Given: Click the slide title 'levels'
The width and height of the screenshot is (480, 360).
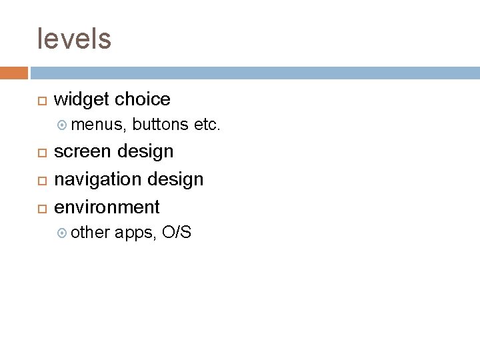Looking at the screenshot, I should (x=75, y=39).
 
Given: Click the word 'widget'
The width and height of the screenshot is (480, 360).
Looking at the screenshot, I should (x=82, y=99).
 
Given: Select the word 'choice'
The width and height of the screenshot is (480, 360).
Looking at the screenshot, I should (x=143, y=99).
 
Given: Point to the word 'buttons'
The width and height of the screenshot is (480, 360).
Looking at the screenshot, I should (x=161, y=124).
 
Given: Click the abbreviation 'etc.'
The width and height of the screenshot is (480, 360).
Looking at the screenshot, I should (x=207, y=124).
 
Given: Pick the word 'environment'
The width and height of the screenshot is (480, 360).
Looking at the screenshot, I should (x=107, y=207).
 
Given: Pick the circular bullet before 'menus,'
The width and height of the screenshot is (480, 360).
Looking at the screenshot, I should (x=63, y=125).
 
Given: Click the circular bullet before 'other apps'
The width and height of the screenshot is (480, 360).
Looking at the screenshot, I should (x=63, y=233).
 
